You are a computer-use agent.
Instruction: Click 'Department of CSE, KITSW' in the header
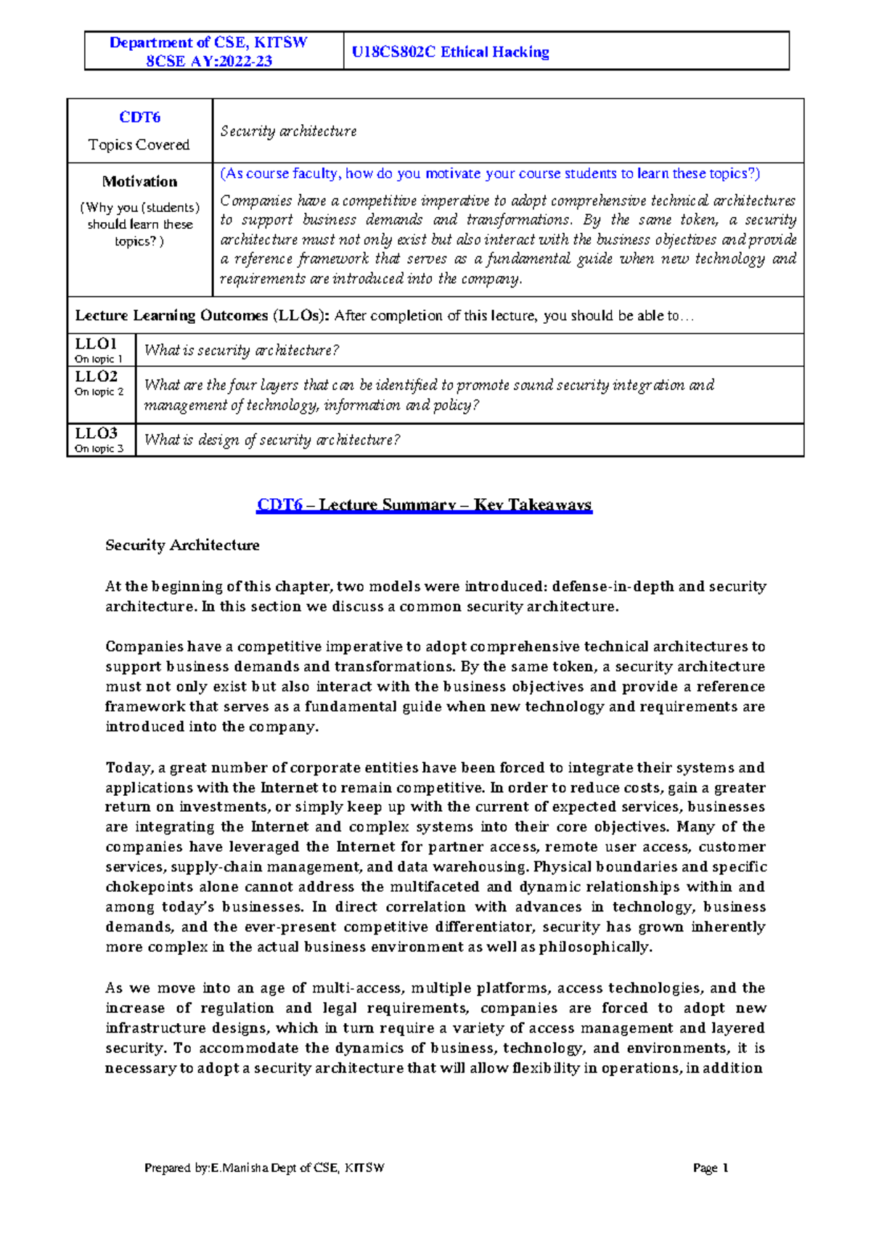(x=208, y=42)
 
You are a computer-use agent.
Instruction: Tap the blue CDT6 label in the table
(x=139, y=117)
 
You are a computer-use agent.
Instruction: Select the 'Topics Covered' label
(x=139, y=145)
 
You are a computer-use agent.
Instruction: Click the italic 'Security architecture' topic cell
(x=288, y=131)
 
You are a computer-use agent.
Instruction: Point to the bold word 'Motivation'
(x=139, y=182)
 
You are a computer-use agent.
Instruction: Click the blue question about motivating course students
(x=490, y=174)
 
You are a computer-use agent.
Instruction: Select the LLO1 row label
(x=96, y=343)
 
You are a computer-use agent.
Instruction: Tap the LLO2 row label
(x=96, y=376)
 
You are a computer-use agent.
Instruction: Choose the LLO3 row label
(x=96, y=433)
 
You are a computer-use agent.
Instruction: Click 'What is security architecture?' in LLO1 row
(x=242, y=350)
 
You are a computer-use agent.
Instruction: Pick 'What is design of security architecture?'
(x=272, y=439)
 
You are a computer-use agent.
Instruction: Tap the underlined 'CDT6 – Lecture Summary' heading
(x=424, y=505)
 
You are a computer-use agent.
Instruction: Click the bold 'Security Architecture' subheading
(x=182, y=545)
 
